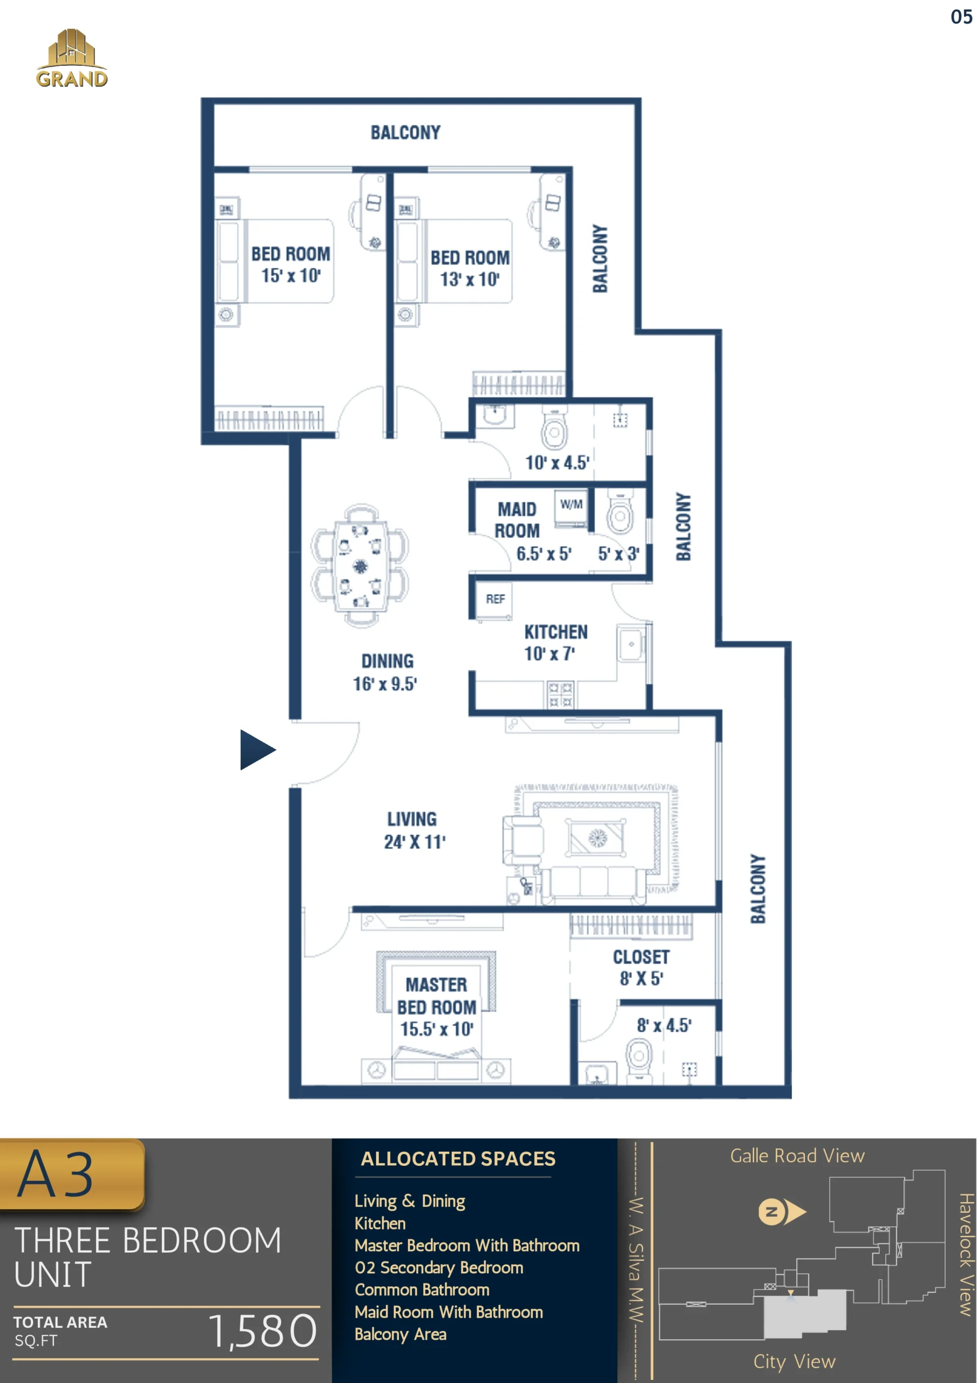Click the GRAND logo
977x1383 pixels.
pyautogui.click(x=72, y=58)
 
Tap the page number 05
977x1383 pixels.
pyautogui.click(x=961, y=17)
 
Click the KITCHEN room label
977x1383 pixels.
pyautogui.click(x=555, y=632)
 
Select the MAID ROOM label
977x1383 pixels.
pyautogui.click(x=517, y=520)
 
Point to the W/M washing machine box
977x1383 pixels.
pyautogui.click(x=571, y=508)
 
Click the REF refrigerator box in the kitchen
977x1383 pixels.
pyautogui.click(x=494, y=599)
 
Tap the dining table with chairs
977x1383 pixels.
pyautogui.click(x=360, y=566)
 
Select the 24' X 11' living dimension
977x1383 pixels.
pyautogui.click(x=415, y=842)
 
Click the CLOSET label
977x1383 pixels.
pyautogui.click(x=641, y=957)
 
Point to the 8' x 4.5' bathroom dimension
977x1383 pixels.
pyautogui.click(x=664, y=1025)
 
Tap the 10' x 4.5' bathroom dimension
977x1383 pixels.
pyautogui.click(x=557, y=462)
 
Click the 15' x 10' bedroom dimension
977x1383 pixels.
pyautogui.click(x=291, y=276)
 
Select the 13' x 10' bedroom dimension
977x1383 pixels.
pyautogui.click(x=470, y=279)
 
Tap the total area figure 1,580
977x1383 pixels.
pyautogui.click(x=262, y=1332)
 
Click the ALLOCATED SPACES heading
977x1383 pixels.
pyautogui.click(x=458, y=1159)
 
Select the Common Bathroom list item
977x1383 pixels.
pyautogui.click(x=422, y=1290)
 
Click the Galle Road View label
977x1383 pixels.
pyautogui.click(x=797, y=1156)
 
